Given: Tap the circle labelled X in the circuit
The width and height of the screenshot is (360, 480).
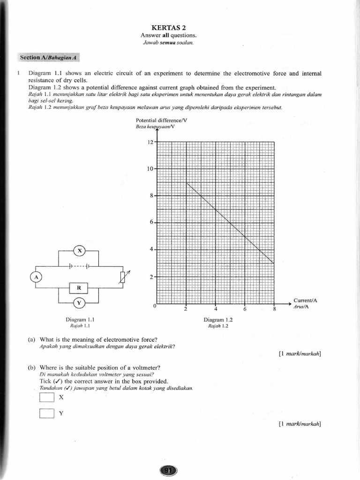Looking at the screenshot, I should tap(79, 251).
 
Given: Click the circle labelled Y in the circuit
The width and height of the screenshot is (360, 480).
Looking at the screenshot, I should tap(79, 303).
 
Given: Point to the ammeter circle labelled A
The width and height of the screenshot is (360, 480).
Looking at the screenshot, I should tap(36, 277).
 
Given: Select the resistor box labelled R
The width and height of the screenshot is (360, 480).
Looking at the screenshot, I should tap(79, 287).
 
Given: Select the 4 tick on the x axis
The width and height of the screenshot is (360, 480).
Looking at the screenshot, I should tap(216, 309).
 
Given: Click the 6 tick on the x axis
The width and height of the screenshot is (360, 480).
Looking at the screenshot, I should tap(245, 309).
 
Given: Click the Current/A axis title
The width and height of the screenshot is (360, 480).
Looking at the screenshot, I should tap(305, 300).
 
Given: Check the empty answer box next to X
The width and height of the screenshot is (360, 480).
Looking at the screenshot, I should tap(47, 397).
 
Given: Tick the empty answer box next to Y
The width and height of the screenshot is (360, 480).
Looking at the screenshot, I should tap(47, 413).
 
